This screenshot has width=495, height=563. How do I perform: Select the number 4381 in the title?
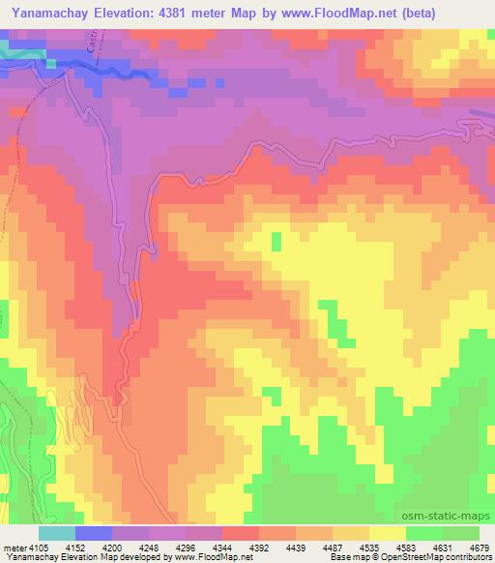pos(207,14)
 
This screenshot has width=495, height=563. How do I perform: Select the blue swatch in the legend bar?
pos(92,532)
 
